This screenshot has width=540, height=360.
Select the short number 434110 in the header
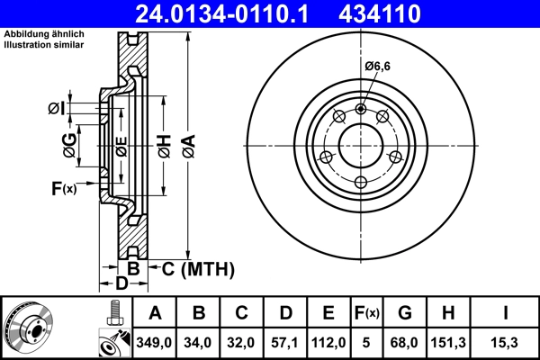403,13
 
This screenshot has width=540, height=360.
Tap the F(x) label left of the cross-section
64,187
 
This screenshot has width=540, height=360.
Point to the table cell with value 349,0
155,341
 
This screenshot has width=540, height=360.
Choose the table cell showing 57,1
285,341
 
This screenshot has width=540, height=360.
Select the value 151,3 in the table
449,341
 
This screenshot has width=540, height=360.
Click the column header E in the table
328,313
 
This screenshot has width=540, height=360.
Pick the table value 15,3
504,341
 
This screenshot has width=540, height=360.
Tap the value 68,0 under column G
405,341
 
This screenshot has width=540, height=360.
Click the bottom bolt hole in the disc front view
361,183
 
